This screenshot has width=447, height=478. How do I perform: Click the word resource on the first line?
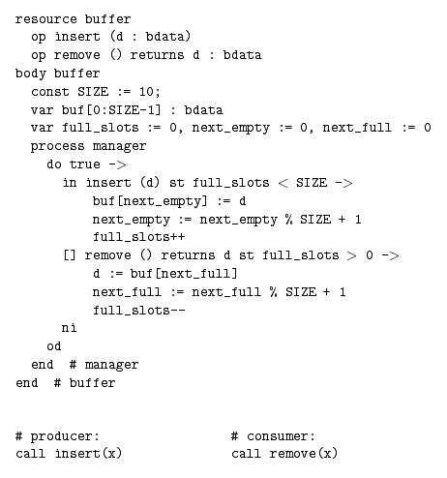coord(45,19)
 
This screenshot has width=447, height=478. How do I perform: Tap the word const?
coord(50,92)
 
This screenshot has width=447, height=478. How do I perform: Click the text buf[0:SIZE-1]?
coord(111,110)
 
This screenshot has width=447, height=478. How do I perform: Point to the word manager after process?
coord(119,147)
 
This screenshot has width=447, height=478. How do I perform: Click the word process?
coord(57,147)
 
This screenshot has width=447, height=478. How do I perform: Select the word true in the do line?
coord(85,164)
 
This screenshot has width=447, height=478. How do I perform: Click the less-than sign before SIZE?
coord(283,183)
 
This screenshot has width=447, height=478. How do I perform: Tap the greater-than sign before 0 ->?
coord(352,255)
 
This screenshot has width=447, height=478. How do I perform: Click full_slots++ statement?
coord(139,237)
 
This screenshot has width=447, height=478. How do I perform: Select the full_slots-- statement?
coord(139,311)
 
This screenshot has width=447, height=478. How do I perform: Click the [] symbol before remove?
coord(70,255)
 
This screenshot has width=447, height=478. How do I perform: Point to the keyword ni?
coord(69,328)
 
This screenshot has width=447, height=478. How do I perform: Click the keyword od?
coord(54,346)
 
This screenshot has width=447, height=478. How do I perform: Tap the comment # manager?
coord(104,365)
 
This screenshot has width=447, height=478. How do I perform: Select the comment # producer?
coord(57,436)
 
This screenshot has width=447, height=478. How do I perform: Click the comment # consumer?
coord(273,436)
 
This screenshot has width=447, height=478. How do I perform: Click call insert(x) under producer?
coord(69,454)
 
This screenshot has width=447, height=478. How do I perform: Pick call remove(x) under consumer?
coord(284,454)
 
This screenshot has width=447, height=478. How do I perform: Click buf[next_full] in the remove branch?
coord(184,274)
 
